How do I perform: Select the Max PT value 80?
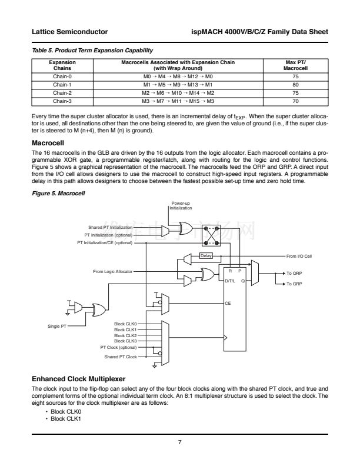click(295, 84)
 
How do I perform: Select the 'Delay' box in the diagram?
click(206, 255)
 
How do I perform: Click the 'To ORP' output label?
click(294, 274)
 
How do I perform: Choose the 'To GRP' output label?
click(294, 284)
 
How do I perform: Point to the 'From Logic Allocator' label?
click(113, 271)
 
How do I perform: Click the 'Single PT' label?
click(57, 325)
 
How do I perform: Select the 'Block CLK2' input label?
click(125, 335)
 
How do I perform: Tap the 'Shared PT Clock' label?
click(121, 357)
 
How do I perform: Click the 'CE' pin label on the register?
click(228, 302)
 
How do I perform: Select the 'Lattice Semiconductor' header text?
click(68, 31)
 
